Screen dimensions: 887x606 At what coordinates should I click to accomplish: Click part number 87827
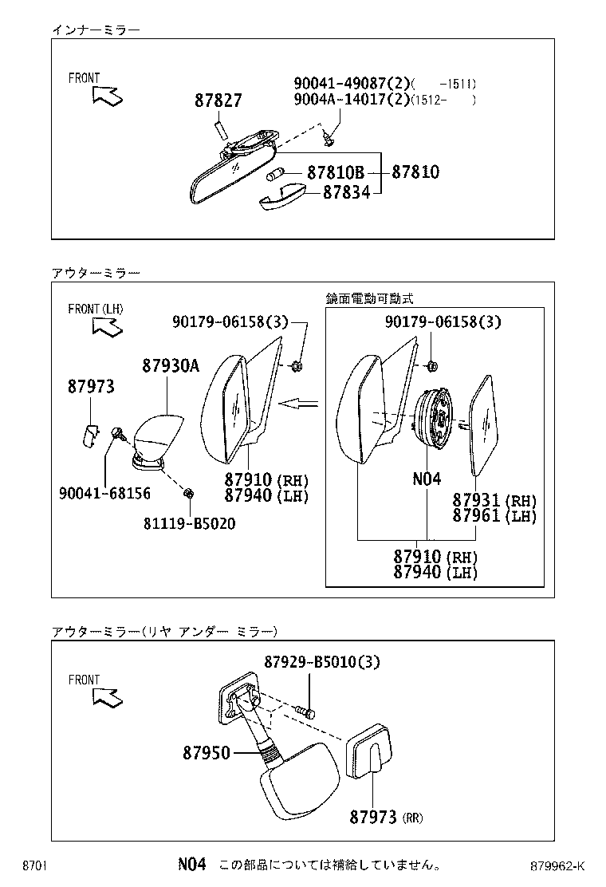(218, 101)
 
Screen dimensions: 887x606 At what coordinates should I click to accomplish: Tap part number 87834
(346, 192)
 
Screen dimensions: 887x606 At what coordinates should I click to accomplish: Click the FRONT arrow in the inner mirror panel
(107, 96)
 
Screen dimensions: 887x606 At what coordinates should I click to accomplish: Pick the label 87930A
(171, 366)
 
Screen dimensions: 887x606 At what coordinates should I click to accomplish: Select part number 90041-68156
(104, 494)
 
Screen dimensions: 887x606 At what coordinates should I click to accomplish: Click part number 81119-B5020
(190, 523)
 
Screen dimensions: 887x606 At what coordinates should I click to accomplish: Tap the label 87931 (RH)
(494, 501)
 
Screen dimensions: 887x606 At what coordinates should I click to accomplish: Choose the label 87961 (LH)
(494, 516)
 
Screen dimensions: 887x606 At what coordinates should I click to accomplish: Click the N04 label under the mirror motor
(427, 479)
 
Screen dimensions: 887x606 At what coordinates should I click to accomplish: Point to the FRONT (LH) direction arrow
(107, 326)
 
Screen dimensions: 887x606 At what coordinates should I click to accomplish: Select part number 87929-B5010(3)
(321, 661)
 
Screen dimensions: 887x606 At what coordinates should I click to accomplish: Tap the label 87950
(206, 753)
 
